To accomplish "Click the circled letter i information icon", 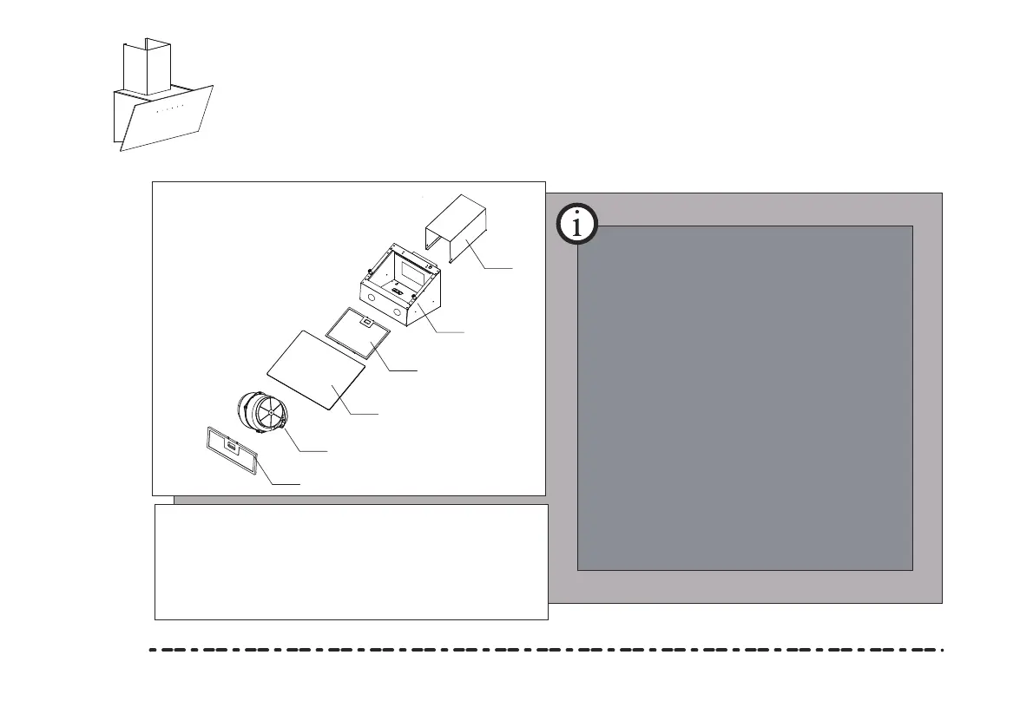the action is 577,225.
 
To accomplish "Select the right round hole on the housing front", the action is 397,310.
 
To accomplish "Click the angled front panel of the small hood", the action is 165,117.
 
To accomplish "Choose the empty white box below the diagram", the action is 351,561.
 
